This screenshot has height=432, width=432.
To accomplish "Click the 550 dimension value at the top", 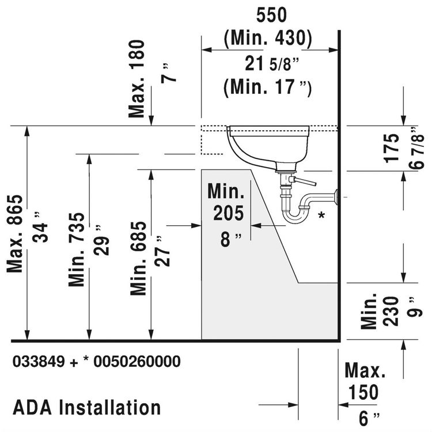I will tap(268, 16).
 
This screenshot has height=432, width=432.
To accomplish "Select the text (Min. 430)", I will tap(268, 37).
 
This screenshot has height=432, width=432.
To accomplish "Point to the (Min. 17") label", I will tap(268, 88).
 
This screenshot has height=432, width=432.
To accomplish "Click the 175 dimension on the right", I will tap(392, 147).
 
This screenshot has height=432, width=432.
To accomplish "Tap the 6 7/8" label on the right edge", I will tap(419, 147).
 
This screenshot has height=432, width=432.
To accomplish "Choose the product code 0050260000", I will tap(137, 362).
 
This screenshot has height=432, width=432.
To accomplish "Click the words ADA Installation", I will tap(86, 408).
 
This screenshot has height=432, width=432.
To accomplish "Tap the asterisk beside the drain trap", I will tap(322, 215).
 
